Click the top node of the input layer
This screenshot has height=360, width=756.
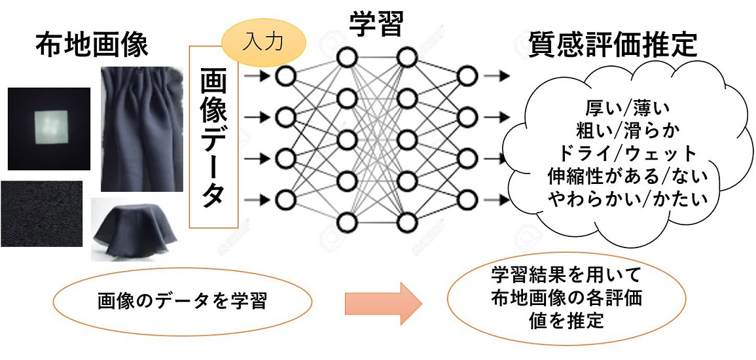[285, 77]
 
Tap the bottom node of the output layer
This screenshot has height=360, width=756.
[467, 198]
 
